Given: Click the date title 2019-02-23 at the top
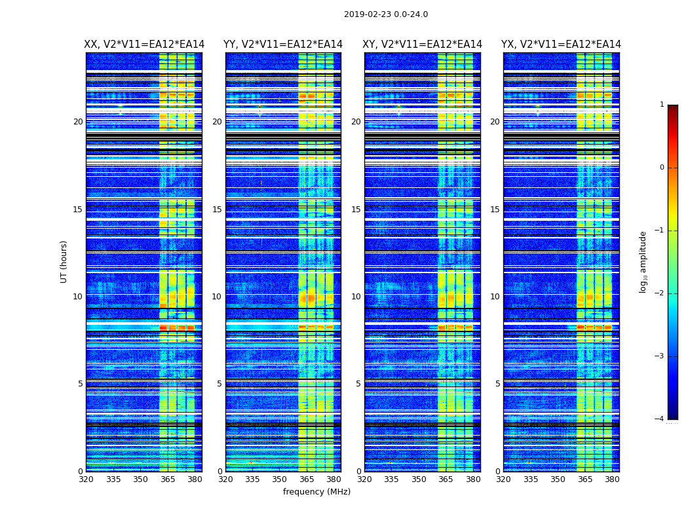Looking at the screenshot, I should pos(385,14).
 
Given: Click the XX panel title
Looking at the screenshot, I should pos(144,45).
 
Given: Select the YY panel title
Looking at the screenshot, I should pos(283,45).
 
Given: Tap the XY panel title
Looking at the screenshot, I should pos(422,45).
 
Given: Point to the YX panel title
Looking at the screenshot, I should pos(561,45).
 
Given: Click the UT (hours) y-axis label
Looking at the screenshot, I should pos(64,261).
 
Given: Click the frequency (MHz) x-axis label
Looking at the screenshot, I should pos(316,492).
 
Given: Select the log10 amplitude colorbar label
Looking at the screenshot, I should pos(643,261).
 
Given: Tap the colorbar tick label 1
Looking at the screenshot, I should pos(661,105).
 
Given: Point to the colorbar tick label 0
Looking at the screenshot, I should pos(661,168).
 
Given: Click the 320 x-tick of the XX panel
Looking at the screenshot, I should pos(86,479).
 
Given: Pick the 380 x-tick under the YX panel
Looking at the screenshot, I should pos(612,479).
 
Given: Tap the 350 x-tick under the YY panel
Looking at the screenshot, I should pos(280,479).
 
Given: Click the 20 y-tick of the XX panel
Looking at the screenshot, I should pos(78,122).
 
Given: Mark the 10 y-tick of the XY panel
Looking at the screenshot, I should pos(356,297).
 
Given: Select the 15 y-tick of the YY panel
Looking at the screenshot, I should pos(217,210).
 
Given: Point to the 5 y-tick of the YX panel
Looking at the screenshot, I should pos(497,384).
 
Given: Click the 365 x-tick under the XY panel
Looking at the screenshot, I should pos(446,479).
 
